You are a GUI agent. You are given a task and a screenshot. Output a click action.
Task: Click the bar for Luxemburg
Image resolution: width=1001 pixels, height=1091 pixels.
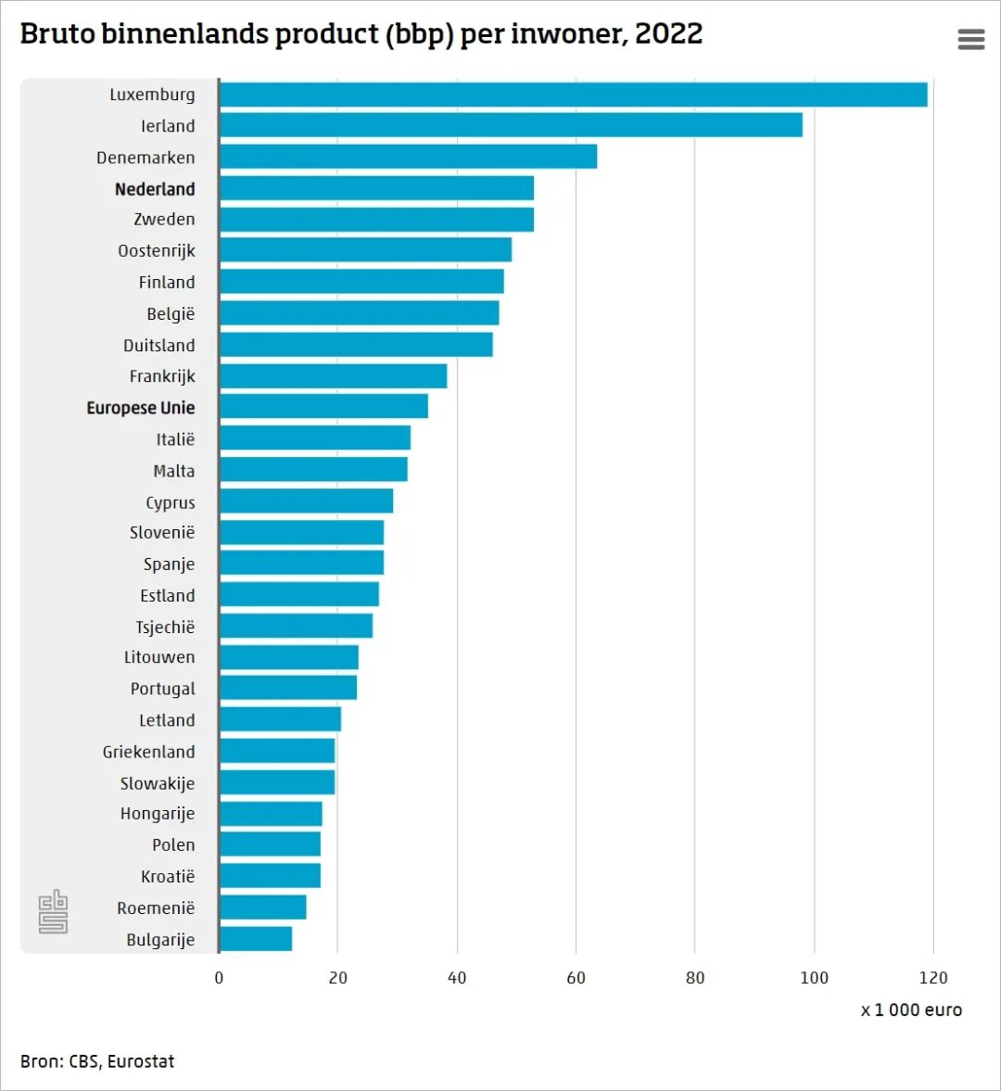pyautogui.click(x=573, y=95)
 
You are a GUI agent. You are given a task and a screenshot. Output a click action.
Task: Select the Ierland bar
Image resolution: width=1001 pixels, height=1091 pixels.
pyautogui.click(x=511, y=125)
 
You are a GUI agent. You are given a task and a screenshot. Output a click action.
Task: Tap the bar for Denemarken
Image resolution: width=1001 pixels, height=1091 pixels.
pyautogui.click(x=408, y=157)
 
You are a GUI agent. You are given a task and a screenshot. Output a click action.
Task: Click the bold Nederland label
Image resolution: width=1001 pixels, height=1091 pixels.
pyautogui.click(x=155, y=189)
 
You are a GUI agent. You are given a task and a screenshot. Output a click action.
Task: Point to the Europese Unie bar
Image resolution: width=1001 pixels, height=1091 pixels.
pyautogui.click(x=323, y=407)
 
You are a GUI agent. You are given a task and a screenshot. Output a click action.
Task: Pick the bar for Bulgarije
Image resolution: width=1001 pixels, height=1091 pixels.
pyautogui.click(x=256, y=939)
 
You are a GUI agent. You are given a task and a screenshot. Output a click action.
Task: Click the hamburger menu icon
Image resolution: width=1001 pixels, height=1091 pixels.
pyautogui.click(x=970, y=39)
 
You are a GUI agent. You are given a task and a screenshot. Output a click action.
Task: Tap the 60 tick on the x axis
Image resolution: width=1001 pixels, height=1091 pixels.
pyautogui.click(x=576, y=978)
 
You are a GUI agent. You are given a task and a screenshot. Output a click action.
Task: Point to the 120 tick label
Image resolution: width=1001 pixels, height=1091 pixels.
pyautogui.click(x=933, y=978)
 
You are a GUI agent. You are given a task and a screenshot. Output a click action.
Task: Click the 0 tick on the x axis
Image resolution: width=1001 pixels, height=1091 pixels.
pyautogui.click(x=219, y=978)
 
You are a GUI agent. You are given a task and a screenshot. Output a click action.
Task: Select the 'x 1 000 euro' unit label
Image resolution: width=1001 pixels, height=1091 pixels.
pyautogui.click(x=911, y=1010)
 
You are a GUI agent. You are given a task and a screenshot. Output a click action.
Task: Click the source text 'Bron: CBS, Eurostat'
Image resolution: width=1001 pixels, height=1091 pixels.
pyautogui.click(x=97, y=1061)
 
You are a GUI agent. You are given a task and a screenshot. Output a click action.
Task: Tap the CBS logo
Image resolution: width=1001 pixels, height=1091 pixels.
pyautogui.click(x=53, y=911)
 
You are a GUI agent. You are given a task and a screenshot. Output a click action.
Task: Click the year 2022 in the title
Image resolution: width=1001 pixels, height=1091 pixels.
pyautogui.click(x=668, y=34)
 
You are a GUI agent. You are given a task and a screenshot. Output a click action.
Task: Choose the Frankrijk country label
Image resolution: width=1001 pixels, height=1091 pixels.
pyautogui.click(x=162, y=376)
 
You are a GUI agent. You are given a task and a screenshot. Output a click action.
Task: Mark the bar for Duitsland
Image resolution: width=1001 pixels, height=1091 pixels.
pyautogui.click(x=356, y=345)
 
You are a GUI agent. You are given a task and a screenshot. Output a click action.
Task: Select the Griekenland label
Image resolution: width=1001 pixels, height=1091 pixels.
pyautogui.click(x=148, y=752)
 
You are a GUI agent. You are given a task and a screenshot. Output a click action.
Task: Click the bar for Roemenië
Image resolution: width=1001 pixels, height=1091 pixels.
pyautogui.click(x=262, y=907)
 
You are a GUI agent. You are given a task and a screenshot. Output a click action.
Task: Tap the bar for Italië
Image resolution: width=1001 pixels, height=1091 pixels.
pyautogui.click(x=315, y=438)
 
